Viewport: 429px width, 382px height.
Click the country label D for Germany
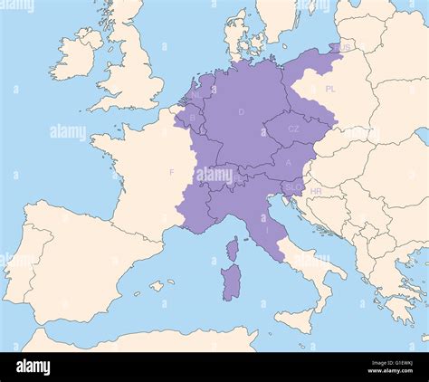241,111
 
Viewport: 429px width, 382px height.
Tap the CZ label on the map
293,129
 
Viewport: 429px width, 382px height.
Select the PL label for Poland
330,91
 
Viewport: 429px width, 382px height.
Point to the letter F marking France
171,172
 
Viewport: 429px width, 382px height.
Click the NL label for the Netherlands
196,94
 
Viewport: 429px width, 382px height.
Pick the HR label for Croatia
316,192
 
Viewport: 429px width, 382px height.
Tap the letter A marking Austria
288,163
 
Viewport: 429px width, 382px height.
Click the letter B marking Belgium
192,118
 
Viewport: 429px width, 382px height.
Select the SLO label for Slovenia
292,186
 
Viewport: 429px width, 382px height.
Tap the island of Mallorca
159,285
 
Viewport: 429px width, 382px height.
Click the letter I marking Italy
266,231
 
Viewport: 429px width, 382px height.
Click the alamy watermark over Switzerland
214,175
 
